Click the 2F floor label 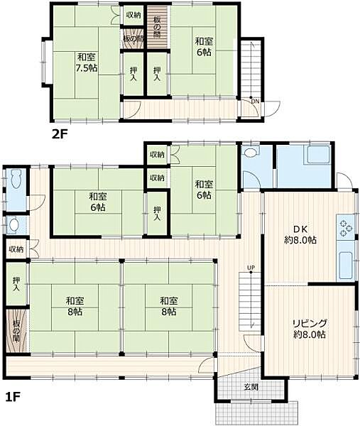(60, 134)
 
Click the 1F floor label (13, 398)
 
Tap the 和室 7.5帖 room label (87, 62)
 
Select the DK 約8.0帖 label (300, 235)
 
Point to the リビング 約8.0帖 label (309, 329)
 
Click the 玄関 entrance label (251, 387)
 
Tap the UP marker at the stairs (251, 268)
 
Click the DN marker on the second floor (255, 102)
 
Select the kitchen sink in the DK (346, 266)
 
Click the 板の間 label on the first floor (16, 331)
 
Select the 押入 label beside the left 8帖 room (16, 284)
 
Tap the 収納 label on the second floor (133, 15)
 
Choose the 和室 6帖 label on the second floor (204, 46)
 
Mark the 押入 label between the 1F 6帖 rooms (157, 213)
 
